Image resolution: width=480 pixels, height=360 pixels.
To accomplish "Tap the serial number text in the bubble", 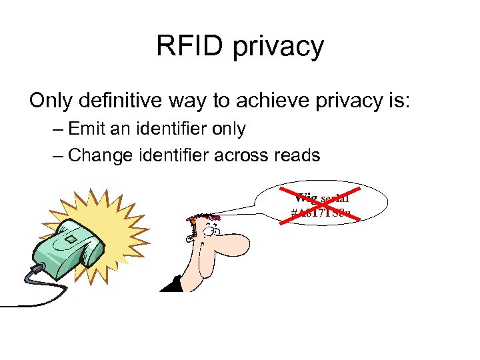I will [321, 214].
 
